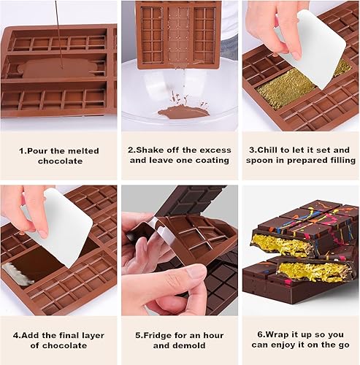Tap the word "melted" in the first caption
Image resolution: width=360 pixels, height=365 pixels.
[83, 151]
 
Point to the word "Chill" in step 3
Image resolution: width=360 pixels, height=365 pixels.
[267, 150]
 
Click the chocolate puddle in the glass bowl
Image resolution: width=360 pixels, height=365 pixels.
[183, 112]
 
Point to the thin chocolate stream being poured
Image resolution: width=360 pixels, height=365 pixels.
[59, 34]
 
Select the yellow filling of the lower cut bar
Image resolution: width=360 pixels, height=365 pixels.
[314, 272]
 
